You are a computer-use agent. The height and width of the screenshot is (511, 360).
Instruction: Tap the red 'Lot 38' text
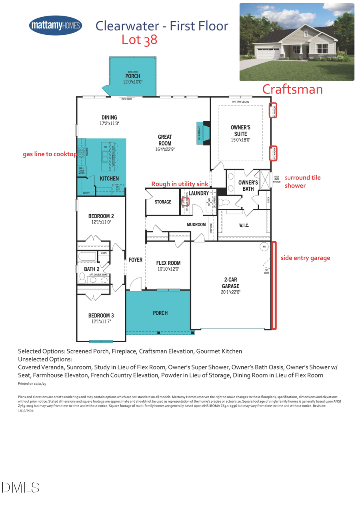point(139,40)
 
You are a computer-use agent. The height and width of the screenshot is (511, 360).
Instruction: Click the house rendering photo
point(296,42)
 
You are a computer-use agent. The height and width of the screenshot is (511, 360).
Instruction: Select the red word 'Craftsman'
point(292,89)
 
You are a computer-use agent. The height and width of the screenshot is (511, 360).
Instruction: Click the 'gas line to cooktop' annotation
point(50,154)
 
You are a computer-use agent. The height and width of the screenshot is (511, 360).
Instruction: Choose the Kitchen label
point(109,178)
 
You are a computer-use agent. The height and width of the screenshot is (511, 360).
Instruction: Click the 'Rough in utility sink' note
point(180,184)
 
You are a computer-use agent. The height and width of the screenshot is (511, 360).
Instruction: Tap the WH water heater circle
point(264,247)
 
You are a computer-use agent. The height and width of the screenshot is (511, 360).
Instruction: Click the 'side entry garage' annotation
point(305,258)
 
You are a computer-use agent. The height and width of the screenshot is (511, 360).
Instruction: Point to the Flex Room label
point(168,266)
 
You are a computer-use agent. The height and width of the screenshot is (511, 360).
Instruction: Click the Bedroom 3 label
point(101,318)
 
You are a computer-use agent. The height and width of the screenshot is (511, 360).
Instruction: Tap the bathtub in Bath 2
point(87,257)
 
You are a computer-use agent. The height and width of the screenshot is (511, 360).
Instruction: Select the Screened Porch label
point(132,76)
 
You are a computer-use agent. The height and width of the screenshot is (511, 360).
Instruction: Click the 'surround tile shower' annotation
point(302,182)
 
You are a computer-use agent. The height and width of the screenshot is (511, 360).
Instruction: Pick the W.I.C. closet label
point(244,226)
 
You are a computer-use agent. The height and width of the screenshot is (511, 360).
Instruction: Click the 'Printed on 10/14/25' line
point(33,384)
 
